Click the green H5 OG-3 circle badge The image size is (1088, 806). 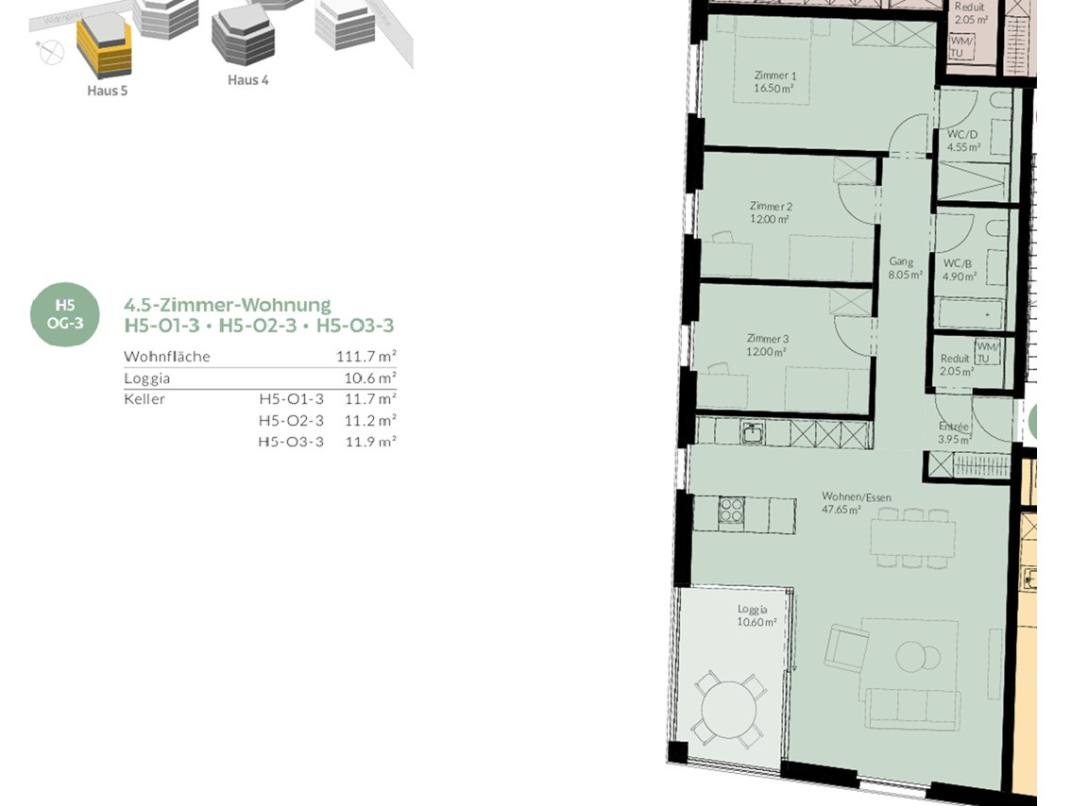pos(64,314)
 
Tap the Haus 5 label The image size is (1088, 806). pos(108,91)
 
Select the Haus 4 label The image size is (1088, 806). pos(247,80)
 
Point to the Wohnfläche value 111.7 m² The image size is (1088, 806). pos(366,357)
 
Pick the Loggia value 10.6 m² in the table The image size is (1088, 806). pos(370,378)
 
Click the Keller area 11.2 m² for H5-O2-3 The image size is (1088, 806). pos(370,420)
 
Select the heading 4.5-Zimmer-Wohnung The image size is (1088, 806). pos(228,305)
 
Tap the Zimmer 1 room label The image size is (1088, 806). pos(775,82)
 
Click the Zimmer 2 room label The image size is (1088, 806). pos(771,212)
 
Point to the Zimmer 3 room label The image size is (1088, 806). pos(767,344)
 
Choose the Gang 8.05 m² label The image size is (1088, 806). pos(906,268)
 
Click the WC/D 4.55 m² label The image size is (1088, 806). pos(963,140)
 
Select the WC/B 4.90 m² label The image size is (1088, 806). pos(959,270)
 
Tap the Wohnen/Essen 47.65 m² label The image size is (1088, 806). pos(857,503)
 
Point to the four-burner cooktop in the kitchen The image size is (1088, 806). pos(731,512)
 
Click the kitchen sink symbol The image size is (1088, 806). pos(752,433)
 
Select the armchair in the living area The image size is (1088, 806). pos(846,647)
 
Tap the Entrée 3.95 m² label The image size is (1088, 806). pos(954,433)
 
